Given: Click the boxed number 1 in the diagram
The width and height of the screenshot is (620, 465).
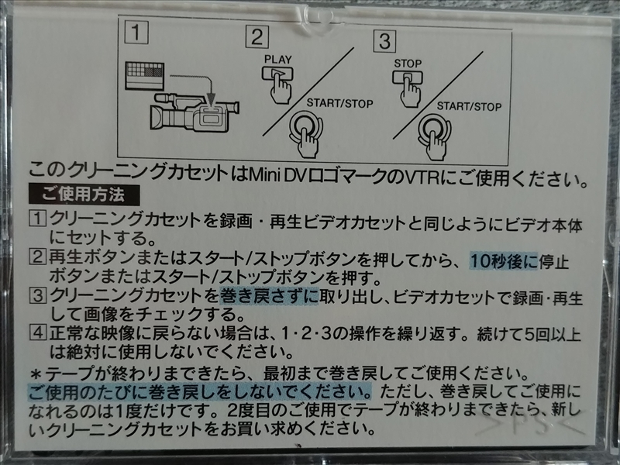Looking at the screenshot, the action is coord(136,33).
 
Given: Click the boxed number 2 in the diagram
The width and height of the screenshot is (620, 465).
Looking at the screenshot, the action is coord(257,36).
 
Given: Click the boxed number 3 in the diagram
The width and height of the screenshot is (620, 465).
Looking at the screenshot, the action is coord(384,41).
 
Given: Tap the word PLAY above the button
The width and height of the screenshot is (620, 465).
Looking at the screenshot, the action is coord(278,60).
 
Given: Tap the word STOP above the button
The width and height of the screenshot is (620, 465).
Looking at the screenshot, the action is coord(408,64).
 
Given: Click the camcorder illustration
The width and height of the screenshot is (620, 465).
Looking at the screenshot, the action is coord(195,112).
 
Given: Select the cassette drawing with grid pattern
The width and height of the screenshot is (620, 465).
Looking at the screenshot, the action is coord(144,75).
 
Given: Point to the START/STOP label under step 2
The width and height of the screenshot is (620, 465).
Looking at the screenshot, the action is coord(340,104).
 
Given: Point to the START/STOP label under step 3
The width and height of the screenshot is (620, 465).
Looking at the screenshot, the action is coord(469,106).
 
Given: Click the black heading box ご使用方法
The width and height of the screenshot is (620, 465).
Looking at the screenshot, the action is coord(84,195).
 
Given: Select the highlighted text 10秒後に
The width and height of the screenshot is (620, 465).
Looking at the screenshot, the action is coord(504,262).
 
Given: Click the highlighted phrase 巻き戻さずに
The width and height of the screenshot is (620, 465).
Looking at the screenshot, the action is coord(269,296).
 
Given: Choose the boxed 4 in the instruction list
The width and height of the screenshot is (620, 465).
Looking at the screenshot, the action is coord(38,332).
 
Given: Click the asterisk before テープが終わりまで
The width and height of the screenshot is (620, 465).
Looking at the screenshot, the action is coord(36,374).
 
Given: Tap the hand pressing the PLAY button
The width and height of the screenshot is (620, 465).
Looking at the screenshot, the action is coord(281,90).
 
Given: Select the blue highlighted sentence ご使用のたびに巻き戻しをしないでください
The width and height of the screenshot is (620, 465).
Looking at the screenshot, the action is coord(200,391).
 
